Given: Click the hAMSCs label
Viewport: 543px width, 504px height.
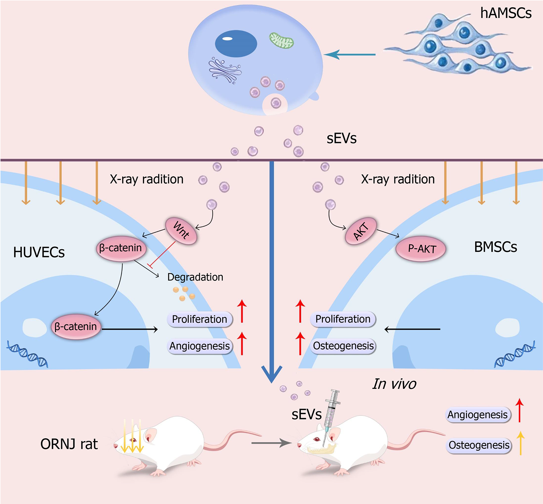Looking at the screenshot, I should (505, 13).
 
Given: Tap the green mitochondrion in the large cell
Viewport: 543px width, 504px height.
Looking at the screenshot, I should (281, 40).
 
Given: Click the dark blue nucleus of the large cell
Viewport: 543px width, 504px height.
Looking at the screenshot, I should (236, 44).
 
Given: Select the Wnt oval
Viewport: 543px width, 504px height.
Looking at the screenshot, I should (181, 231).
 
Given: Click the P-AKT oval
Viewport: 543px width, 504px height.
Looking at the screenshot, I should (421, 249).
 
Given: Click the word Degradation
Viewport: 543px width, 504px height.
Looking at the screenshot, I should (195, 277).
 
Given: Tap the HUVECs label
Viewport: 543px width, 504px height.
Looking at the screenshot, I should (39, 252).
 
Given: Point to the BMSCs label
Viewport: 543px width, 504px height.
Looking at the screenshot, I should (495, 247).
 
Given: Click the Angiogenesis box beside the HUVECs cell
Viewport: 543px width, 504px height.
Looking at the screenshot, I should (199, 346).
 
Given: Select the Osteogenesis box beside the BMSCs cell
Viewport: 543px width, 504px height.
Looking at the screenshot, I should (343, 346).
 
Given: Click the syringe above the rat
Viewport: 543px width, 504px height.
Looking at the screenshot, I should (331, 409).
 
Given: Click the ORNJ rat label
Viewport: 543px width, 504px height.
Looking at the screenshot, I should (69, 444).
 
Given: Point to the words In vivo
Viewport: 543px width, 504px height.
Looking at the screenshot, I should (394, 384).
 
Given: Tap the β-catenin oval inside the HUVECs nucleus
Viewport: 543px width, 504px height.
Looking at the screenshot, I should (76, 327).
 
